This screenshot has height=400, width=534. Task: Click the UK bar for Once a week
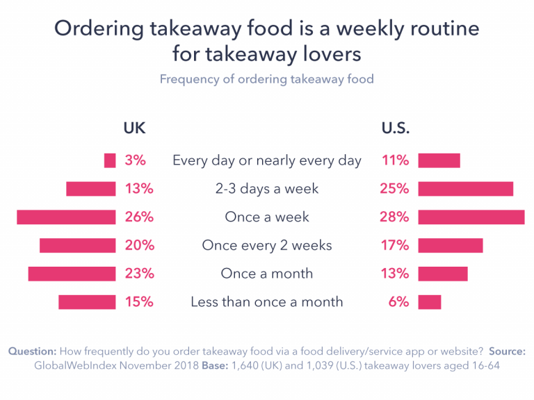(x=66, y=217)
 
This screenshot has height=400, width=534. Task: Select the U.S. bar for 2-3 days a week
(x=466, y=189)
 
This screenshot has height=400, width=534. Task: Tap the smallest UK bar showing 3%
(x=110, y=160)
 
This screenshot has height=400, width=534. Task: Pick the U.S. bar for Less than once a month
(x=430, y=302)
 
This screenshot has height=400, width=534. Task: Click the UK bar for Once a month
(x=72, y=274)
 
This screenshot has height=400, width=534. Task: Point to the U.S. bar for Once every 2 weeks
(x=451, y=245)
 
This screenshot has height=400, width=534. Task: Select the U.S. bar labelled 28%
(x=471, y=217)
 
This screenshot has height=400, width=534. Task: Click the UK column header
(x=134, y=128)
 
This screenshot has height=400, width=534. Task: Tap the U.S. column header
(x=396, y=128)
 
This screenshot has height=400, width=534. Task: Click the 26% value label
(x=139, y=217)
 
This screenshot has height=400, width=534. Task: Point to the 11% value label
(x=396, y=160)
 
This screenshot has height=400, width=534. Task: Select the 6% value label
(x=398, y=302)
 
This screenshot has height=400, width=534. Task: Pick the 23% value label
(x=139, y=274)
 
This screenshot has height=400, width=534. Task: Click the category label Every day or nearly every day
(x=267, y=160)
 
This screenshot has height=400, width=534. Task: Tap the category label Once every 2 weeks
(x=267, y=245)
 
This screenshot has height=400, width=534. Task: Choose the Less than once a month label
(x=267, y=302)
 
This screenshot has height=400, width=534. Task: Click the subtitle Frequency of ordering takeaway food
(x=267, y=78)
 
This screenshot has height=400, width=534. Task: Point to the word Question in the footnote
(x=32, y=351)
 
